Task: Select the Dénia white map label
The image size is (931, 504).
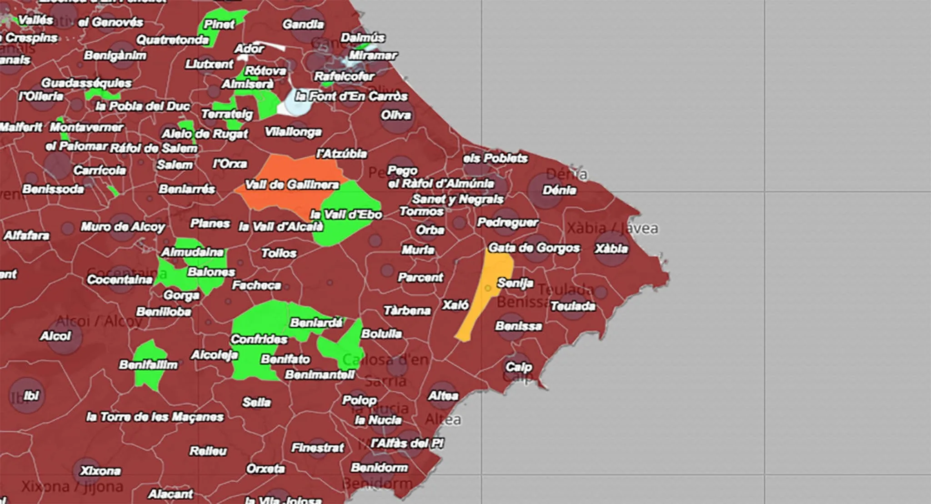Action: pyautogui.click(x=559, y=190)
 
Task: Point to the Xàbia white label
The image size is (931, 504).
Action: pyautogui.click(x=611, y=249)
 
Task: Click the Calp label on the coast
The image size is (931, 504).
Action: pyautogui.click(x=518, y=367)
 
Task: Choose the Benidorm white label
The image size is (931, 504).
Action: pyautogui.click(x=379, y=468)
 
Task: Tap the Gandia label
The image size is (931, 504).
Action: pyautogui.click(x=303, y=24)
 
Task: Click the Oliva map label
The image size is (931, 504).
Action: pyautogui.click(x=396, y=115)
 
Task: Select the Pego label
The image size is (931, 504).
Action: pyautogui.click(x=402, y=171)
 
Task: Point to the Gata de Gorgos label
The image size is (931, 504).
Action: pyautogui.click(x=534, y=248)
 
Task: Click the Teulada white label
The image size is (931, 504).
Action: pyautogui.click(x=572, y=306)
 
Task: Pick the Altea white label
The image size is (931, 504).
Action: pyautogui.click(x=443, y=396)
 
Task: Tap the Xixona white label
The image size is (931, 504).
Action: pyautogui.click(x=100, y=470)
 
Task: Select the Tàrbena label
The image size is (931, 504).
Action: pyautogui.click(x=407, y=310)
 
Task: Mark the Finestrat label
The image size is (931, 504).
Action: pyautogui.click(x=317, y=448)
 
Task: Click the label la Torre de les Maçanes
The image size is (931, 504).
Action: pyautogui.click(x=155, y=417)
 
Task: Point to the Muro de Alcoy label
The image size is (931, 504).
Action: pyautogui.click(x=123, y=226)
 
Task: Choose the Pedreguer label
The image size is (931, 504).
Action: pyautogui.click(x=507, y=222)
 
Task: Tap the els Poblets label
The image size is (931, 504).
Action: pyautogui.click(x=495, y=158)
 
